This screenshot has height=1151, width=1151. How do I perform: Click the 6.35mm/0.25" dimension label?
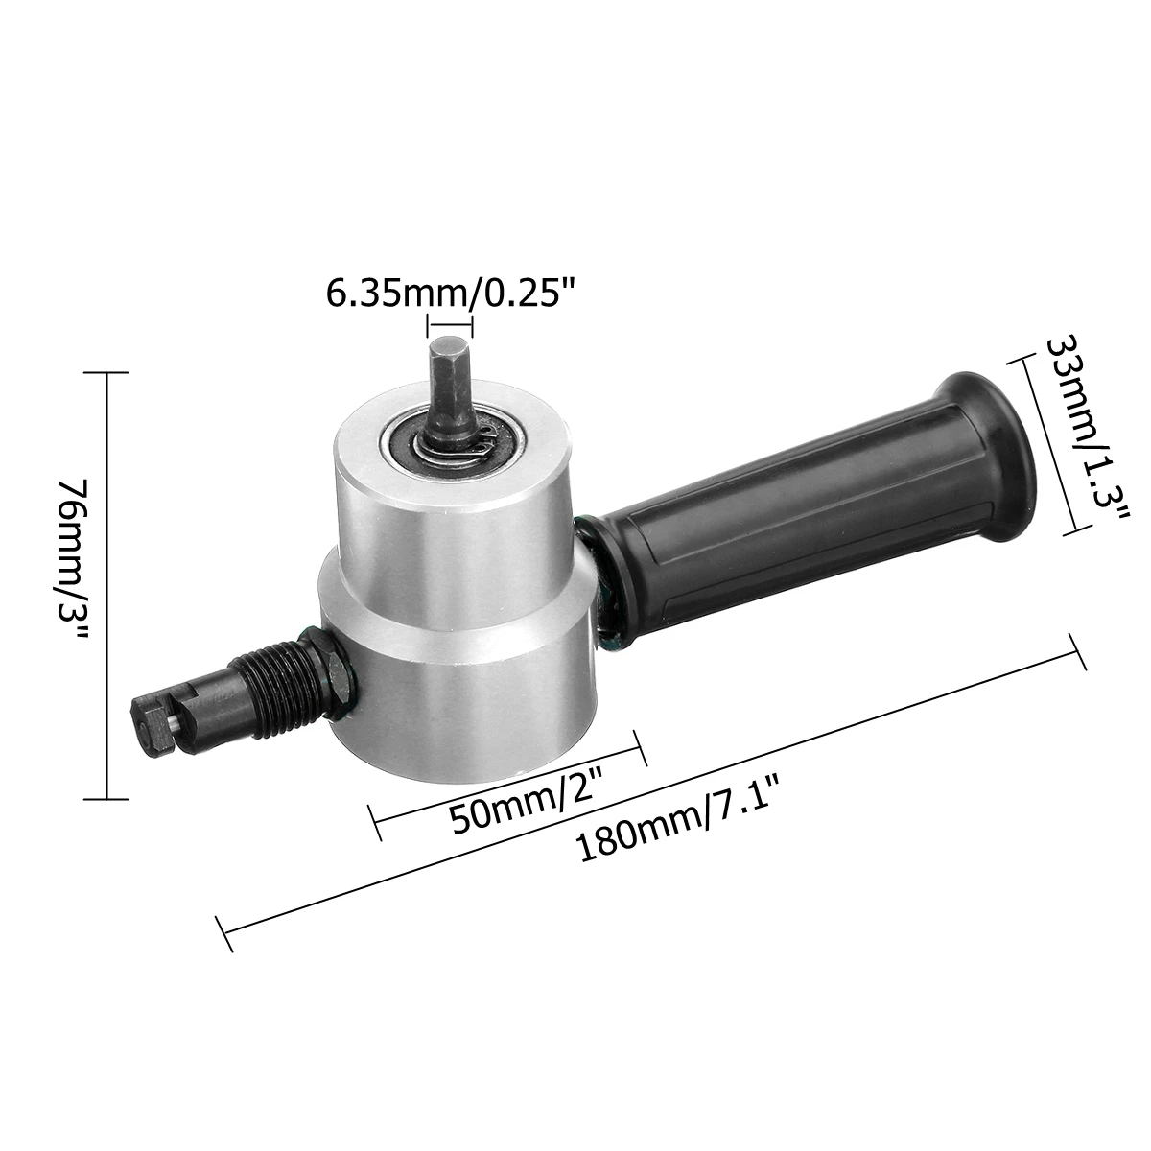[451, 294]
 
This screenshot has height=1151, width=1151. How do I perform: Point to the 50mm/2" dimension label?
[526, 805]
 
